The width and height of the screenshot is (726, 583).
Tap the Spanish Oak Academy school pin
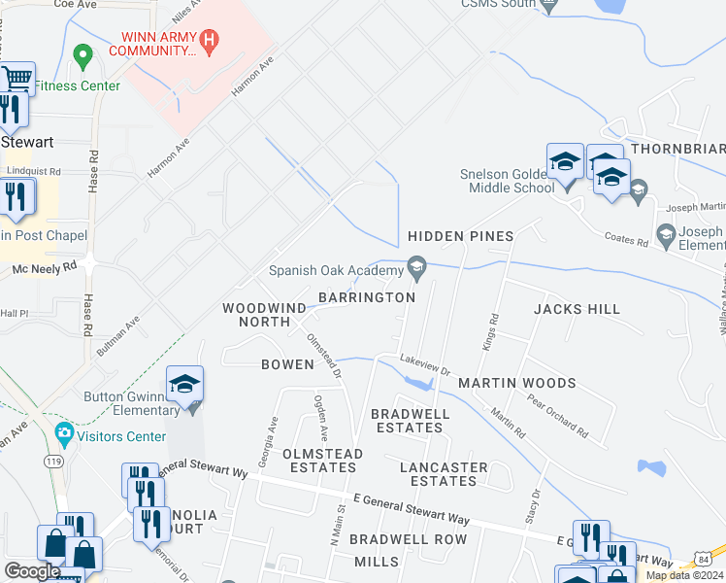(x=417, y=265)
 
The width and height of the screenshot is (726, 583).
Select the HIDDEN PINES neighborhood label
(x=459, y=237)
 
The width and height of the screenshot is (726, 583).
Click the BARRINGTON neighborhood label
(x=368, y=297)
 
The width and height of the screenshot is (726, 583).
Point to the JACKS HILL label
(x=577, y=309)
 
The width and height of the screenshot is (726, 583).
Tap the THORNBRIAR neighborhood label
(x=676, y=149)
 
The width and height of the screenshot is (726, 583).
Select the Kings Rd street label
(x=490, y=331)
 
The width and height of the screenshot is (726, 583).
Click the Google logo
(x=32, y=571)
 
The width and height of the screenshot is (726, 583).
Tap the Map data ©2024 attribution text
(x=684, y=575)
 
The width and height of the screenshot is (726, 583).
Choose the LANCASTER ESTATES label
(x=443, y=474)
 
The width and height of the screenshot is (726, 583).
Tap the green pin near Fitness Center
(x=82, y=55)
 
